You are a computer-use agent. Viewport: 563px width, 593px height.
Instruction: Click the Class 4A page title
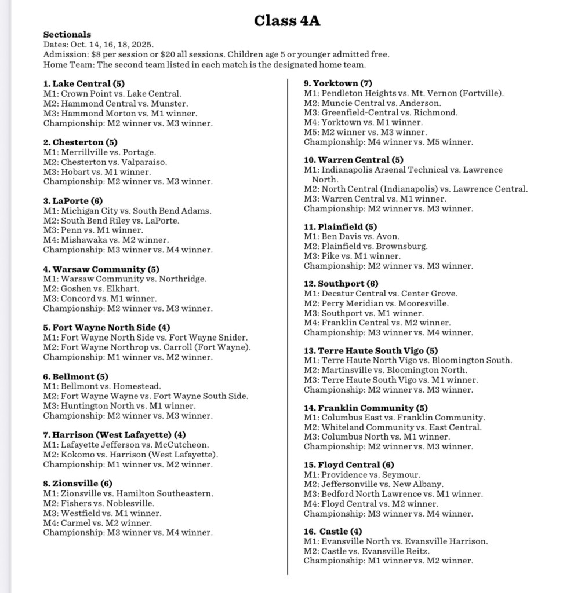click(x=287, y=21)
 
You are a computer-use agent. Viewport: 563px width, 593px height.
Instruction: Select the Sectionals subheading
click(x=67, y=35)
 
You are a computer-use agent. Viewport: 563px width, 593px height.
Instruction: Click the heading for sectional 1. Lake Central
click(x=83, y=83)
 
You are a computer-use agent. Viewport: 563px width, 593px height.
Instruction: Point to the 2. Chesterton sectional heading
click(x=80, y=142)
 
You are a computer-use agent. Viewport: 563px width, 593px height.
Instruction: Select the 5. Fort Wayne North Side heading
click(x=107, y=327)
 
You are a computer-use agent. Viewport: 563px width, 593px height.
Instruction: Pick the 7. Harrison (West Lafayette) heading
click(x=115, y=434)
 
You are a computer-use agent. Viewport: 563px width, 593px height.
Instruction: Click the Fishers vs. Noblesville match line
click(x=99, y=503)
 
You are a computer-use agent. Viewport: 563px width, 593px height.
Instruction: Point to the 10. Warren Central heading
click(x=354, y=160)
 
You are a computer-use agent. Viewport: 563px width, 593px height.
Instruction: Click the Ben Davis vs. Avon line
click(x=343, y=236)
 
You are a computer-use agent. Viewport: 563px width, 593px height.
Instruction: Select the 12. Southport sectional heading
click(x=341, y=284)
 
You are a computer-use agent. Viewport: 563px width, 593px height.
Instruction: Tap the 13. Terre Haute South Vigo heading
click(x=371, y=350)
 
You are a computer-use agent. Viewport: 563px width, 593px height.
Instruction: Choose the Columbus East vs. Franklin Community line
click(x=395, y=418)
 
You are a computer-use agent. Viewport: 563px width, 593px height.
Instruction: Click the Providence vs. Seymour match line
click(x=362, y=475)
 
